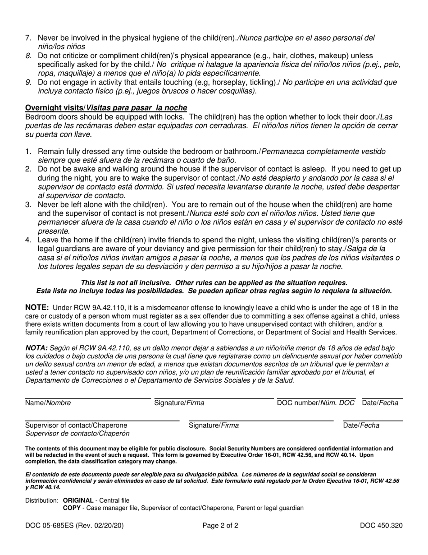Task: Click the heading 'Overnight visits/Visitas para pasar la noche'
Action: tap(106, 108)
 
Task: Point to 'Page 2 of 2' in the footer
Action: tap(220, 525)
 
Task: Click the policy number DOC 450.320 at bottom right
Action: tap(381, 525)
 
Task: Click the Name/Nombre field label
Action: tap(48, 403)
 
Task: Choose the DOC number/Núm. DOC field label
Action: tap(316, 403)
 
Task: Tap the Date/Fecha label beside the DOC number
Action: tap(380, 403)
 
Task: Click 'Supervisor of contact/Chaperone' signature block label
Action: tap(76, 425)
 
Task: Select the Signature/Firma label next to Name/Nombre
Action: tap(179, 403)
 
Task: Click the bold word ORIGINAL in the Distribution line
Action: tap(78, 500)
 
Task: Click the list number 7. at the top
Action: tap(28, 38)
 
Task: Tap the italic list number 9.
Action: tap(28, 82)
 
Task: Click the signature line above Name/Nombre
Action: tap(88, 398)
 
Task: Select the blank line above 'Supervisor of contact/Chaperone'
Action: tap(102, 421)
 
